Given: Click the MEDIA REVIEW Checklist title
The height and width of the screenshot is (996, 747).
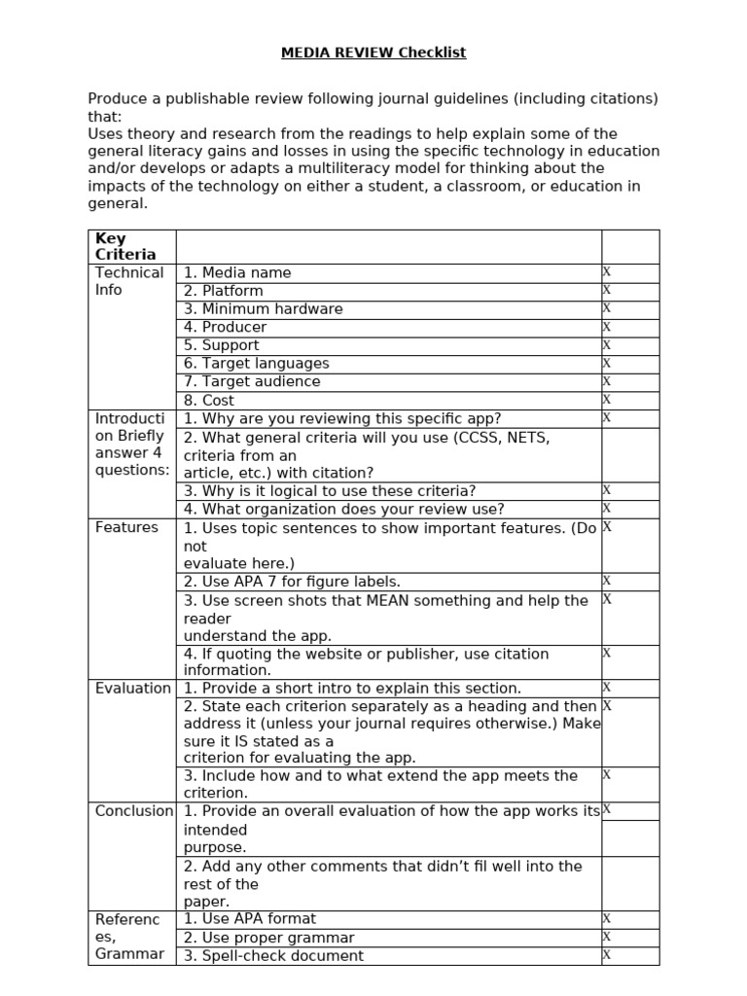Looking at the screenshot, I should point(373,53).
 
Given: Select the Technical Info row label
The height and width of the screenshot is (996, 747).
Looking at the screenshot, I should point(129,281).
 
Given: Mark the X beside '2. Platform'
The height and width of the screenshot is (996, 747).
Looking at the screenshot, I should point(607,290).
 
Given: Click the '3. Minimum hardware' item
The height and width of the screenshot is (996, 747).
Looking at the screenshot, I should point(263,309).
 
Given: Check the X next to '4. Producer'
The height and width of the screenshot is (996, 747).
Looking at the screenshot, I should point(607,327).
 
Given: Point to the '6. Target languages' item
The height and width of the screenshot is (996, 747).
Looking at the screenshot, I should point(256,364).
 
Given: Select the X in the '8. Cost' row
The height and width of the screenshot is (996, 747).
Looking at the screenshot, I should point(607,400).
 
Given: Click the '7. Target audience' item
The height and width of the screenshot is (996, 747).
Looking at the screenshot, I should point(251,381).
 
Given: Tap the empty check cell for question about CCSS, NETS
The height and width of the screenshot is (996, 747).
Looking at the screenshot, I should point(629,455).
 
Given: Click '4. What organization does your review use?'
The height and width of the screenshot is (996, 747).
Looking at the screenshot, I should point(343,510).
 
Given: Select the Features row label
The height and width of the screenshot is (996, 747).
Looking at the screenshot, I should point(126,527).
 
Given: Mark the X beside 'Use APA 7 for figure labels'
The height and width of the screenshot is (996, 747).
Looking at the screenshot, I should point(607,581).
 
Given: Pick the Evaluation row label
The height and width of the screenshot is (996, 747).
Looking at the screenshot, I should point(132,689).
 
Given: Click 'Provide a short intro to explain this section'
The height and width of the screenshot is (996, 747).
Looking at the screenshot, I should point(352,689).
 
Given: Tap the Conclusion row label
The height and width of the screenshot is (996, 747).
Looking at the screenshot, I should point(133,811).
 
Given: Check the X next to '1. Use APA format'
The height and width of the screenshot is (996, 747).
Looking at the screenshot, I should point(607,919).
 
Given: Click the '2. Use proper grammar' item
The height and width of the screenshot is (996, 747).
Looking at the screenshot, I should point(268,938).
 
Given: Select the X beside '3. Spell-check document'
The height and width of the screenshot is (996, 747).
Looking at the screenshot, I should point(607,955).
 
